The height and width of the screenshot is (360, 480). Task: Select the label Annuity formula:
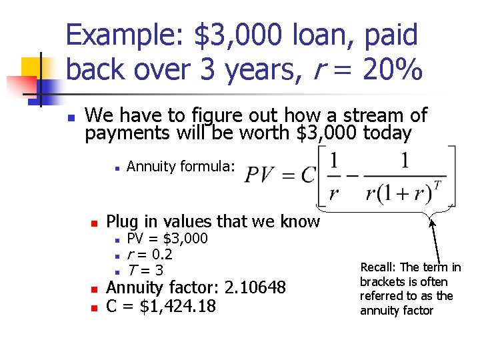tap(181, 167)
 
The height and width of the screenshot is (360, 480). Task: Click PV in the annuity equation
tap(257, 175)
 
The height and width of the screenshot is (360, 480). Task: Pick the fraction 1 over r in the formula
tap(333, 177)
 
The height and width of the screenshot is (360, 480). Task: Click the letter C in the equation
tap(307, 175)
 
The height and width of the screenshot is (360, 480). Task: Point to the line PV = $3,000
tap(167, 239)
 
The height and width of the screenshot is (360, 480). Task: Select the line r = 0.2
tap(149, 255)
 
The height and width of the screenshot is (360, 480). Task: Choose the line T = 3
tap(145, 271)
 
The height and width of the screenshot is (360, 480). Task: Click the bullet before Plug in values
tap(95, 222)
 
